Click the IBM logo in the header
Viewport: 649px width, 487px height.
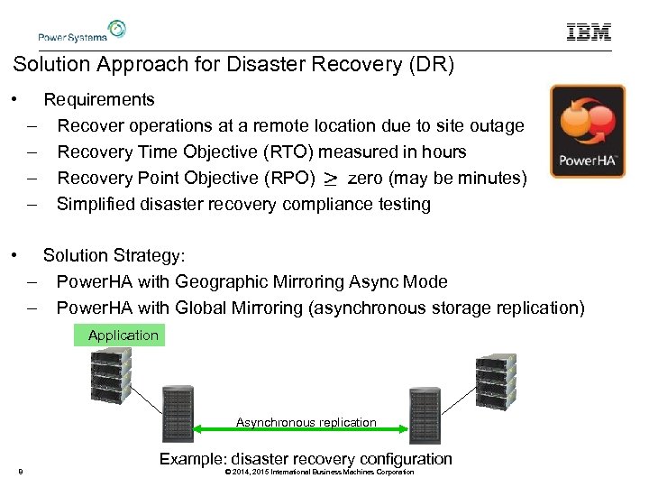coord(589,32)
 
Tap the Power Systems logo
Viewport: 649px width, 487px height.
coord(80,32)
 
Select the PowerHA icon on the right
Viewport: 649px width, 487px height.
coord(588,132)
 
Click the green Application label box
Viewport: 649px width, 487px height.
coord(123,335)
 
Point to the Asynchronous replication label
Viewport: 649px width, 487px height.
coord(306,422)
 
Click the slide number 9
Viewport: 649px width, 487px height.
coord(20,472)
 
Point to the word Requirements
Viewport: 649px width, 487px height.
coord(99,99)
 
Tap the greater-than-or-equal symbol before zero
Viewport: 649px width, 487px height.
coord(331,179)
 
